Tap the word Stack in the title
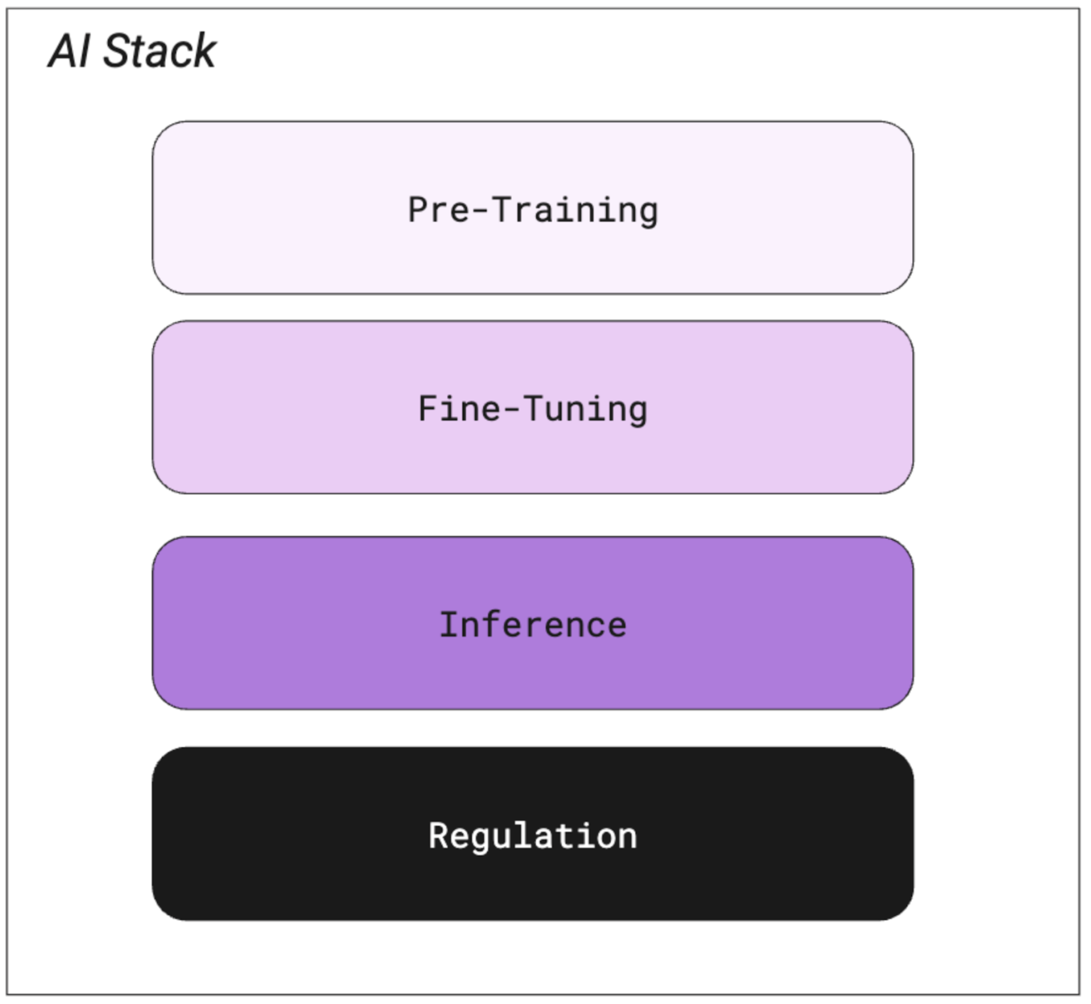coord(159,52)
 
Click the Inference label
coord(533,625)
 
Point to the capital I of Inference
coord(450,625)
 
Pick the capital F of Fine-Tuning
coord(428,409)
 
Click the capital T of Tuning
coord(533,409)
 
